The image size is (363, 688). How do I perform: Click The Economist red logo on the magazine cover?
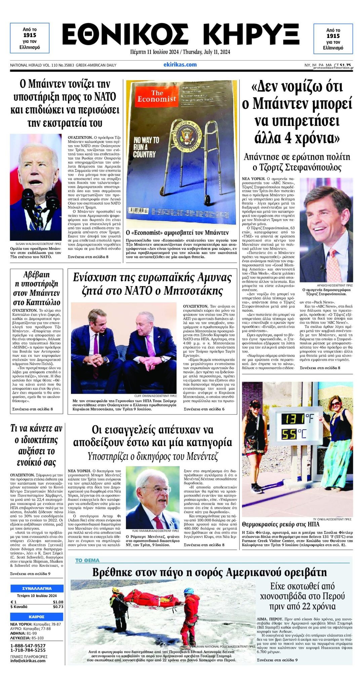[x=157, y=96]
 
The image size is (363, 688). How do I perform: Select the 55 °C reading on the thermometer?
[x=293, y=434]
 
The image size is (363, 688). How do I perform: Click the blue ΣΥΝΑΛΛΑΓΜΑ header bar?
[x=37, y=588]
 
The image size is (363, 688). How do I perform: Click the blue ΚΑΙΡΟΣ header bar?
[x=37, y=616]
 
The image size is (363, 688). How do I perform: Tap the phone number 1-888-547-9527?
[x=28, y=645]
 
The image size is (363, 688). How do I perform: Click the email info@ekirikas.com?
[x=28, y=660]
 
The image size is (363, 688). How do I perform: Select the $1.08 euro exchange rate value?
[x=58, y=602]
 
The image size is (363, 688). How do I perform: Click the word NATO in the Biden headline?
[x=105, y=97]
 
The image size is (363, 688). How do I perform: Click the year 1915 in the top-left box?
[x=30, y=35]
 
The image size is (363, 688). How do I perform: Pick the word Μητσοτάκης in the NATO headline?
[x=193, y=291]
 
